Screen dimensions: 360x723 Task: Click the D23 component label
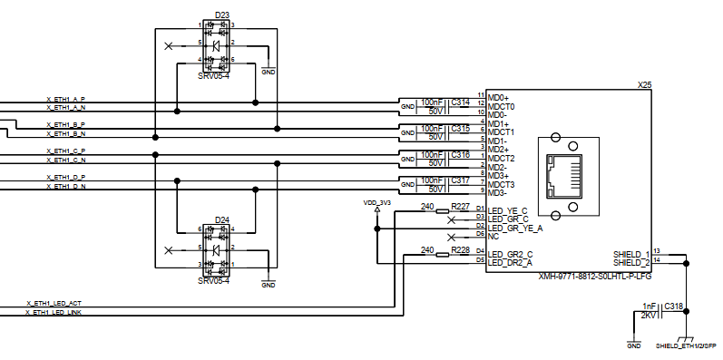pos(221,15)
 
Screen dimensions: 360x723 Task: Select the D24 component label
pos(221,219)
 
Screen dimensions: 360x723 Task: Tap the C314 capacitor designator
pos(460,102)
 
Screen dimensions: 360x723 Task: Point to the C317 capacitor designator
pos(460,180)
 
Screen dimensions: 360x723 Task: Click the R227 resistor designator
pos(460,207)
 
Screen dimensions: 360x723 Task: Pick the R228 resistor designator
pos(460,249)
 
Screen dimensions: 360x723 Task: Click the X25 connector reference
pos(644,84)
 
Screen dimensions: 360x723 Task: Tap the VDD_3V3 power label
pos(376,203)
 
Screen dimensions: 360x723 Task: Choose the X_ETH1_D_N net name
pos(65,186)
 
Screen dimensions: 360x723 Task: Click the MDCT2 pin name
pos(502,159)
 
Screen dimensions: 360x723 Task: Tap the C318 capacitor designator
pos(674,306)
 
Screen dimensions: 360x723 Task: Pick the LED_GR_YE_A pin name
pos(515,228)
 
